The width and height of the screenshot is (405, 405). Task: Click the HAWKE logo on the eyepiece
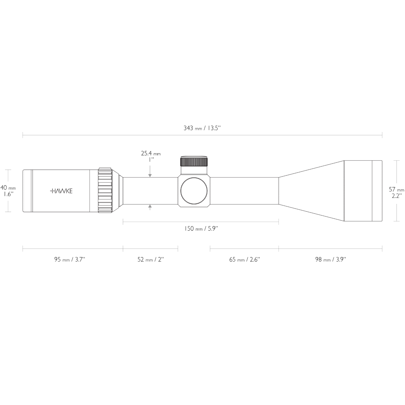coord(61,191)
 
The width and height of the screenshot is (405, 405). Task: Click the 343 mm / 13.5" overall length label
coord(202,128)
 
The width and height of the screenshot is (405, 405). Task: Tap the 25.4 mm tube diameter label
coord(151,154)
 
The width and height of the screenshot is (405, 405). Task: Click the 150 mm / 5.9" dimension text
coord(201,229)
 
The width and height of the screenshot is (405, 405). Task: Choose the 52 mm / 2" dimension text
coord(151,260)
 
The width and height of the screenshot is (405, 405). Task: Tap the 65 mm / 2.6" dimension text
coord(244,260)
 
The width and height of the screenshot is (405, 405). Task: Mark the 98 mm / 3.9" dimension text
coord(330,260)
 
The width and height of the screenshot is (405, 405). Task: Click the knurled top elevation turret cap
coord(194,161)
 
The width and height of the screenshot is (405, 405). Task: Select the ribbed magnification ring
coord(105,191)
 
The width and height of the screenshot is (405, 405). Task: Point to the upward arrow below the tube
coord(150,207)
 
